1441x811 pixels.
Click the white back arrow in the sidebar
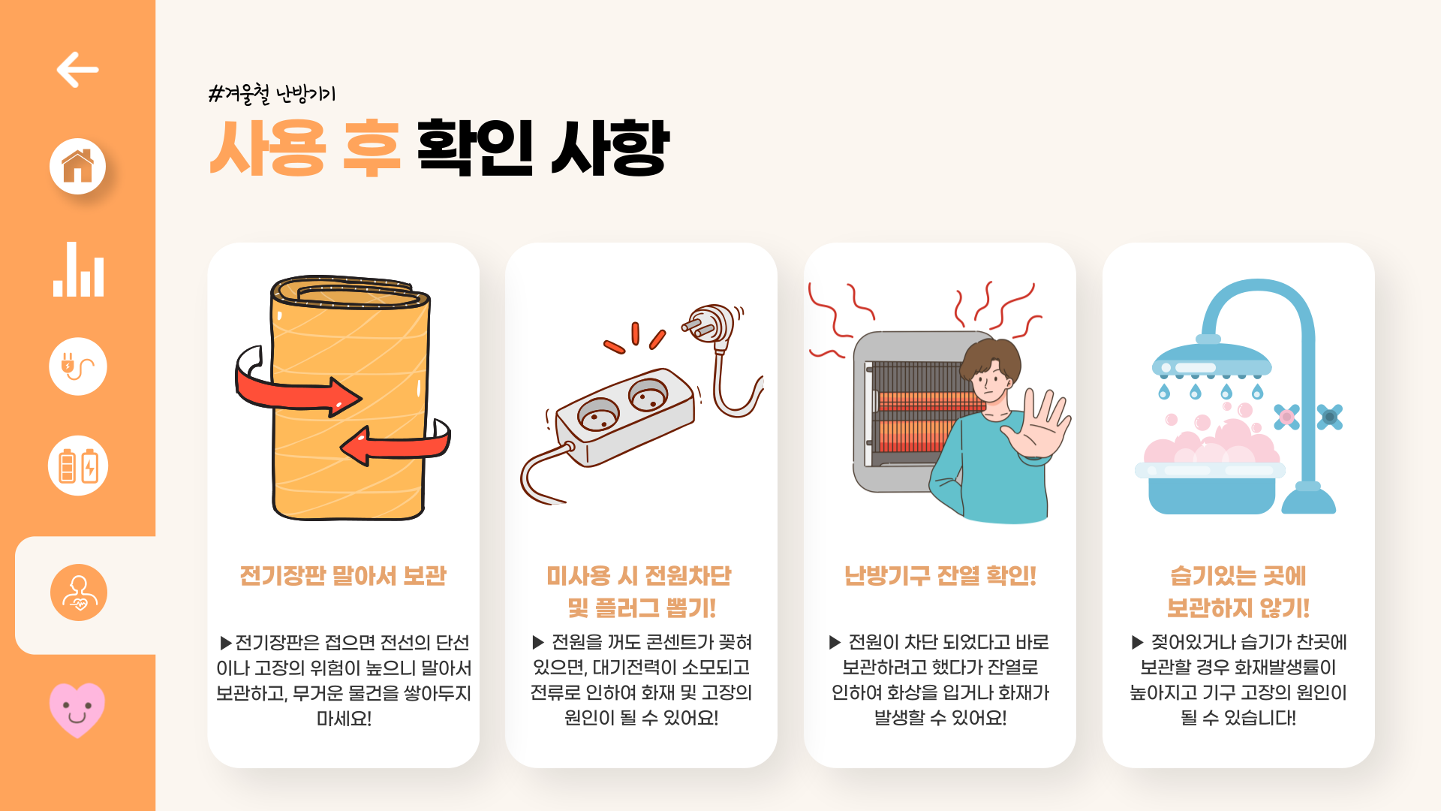77,70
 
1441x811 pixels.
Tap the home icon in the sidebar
78,166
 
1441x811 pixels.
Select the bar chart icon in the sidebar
78,269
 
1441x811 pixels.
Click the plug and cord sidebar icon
78,366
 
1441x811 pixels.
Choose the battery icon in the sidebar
78,466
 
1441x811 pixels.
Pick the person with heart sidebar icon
79,592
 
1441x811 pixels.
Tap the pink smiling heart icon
77,710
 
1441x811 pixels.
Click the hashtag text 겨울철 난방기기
272,94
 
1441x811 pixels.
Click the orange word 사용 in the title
268,148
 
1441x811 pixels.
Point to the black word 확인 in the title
475,148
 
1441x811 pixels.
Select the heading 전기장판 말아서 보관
343,576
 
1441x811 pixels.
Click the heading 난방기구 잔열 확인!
940,576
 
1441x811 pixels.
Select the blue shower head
1211,360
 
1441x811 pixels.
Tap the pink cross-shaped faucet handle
1286,417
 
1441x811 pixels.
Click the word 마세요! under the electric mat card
344,719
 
